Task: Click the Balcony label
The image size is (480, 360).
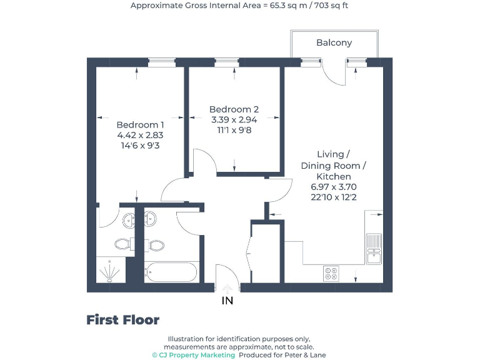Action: tap(334, 42)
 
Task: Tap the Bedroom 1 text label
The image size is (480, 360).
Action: tap(140, 124)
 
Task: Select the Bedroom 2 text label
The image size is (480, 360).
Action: tap(234, 109)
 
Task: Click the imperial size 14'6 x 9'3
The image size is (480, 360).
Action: tap(140, 144)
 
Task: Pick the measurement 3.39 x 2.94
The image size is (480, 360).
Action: tap(234, 119)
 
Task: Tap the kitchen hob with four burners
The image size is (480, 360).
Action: tap(331, 274)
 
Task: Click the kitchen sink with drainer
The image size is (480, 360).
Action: tap(374, 247)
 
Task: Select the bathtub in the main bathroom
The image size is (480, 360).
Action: tap(171, 272)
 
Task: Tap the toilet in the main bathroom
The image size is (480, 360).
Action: tap(155, 244)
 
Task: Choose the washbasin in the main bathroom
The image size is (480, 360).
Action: tap(150, 219)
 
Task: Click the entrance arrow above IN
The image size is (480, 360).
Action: tap(227, 288)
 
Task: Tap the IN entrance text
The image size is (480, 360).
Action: tap(227, 301)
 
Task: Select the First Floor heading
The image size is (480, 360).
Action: tap(122, 320)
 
